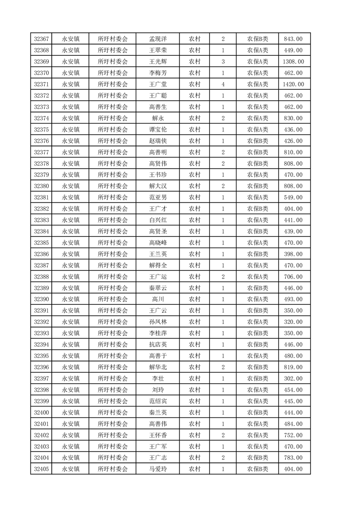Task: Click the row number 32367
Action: [x=41, y=39]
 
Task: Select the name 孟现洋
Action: [x=158, y=39]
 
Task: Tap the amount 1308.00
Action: [x=293, y=62]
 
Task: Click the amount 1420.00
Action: [x=293, y=84]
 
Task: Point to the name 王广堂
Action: [x=158, y=84]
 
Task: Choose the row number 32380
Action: [x=41, y=186]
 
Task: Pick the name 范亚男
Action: [x=158, y=197]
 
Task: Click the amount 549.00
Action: [x=293, y=197]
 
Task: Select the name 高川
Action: [x=158, y=299]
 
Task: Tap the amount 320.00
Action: [x=293, y=322]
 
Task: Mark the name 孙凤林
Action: [x=158, y=322]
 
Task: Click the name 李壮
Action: [x=158, y=378]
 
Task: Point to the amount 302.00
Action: [x=293, y=378]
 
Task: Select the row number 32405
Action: [x=41, y=469]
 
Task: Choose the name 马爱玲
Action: [x=158, y=469]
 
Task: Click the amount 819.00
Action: [x=293, y=367]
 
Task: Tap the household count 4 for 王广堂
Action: [x=223, y=84]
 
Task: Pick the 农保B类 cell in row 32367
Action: [x=257, y=39]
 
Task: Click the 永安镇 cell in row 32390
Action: [x=71, y=299]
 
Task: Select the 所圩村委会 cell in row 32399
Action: [x=113, y=401]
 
